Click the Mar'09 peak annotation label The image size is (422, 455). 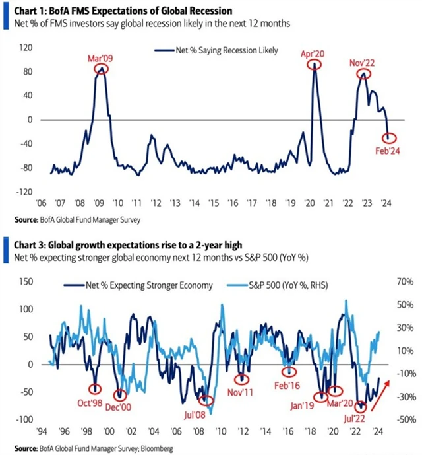pyautogui.click(x=100, y=57)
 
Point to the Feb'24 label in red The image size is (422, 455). pyautogui.click(x=390, y=152)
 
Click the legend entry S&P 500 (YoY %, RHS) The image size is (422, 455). pyautogui.click(x=296, y=285)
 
